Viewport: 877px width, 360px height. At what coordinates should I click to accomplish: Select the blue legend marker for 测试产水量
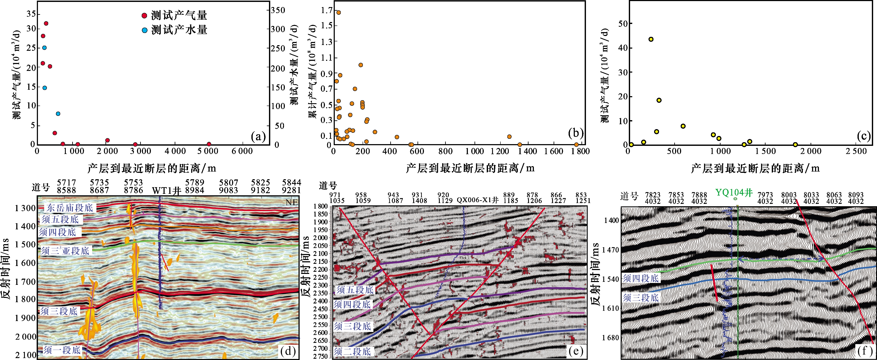tap(144, 30)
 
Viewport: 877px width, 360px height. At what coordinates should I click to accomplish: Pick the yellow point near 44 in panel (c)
tap(651, 39)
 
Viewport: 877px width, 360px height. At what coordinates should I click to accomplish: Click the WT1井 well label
tap(167, 191)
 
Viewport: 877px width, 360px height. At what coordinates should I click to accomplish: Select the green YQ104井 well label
tap(734, 193)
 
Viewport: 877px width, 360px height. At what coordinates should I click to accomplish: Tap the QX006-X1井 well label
tap(477, 200)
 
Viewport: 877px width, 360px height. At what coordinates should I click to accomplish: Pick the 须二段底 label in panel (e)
tap(352, 351)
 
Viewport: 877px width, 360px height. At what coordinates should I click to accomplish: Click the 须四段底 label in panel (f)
tap(640, 278)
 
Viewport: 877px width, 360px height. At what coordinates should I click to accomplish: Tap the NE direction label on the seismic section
tap(291, 202)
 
